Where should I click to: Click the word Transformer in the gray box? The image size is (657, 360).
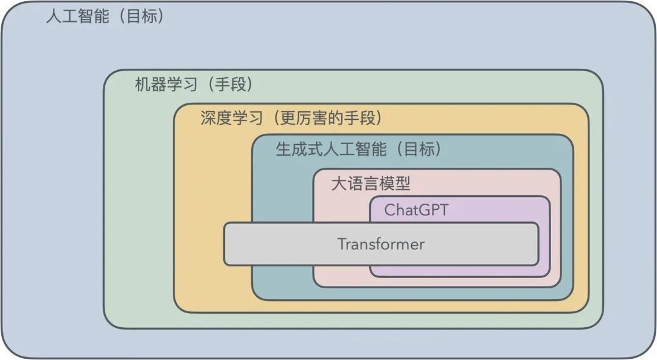(381, 244)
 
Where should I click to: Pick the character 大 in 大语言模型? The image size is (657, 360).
(338, 184)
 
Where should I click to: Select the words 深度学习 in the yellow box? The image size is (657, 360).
(231, 117)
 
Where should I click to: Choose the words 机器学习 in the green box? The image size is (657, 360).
(165, 85)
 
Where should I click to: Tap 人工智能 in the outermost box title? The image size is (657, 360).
(77, 16)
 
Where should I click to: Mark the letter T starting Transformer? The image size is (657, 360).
(342, 244)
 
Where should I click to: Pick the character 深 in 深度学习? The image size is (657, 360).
(208, 117)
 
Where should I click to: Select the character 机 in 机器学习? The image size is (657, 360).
(142, 85)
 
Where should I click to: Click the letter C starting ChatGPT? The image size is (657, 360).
(389, 210)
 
